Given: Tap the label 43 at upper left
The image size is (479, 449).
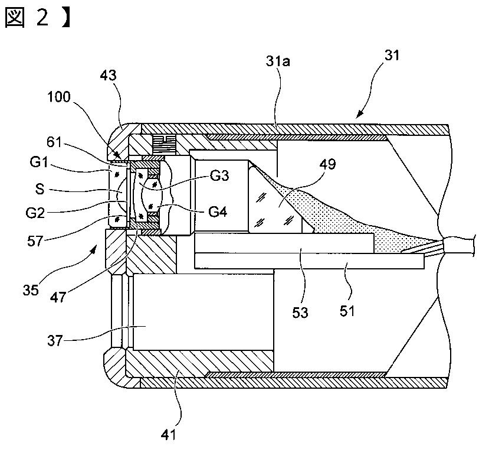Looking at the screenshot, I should coord(109,76).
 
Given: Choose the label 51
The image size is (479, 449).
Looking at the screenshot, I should coord(347,310).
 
